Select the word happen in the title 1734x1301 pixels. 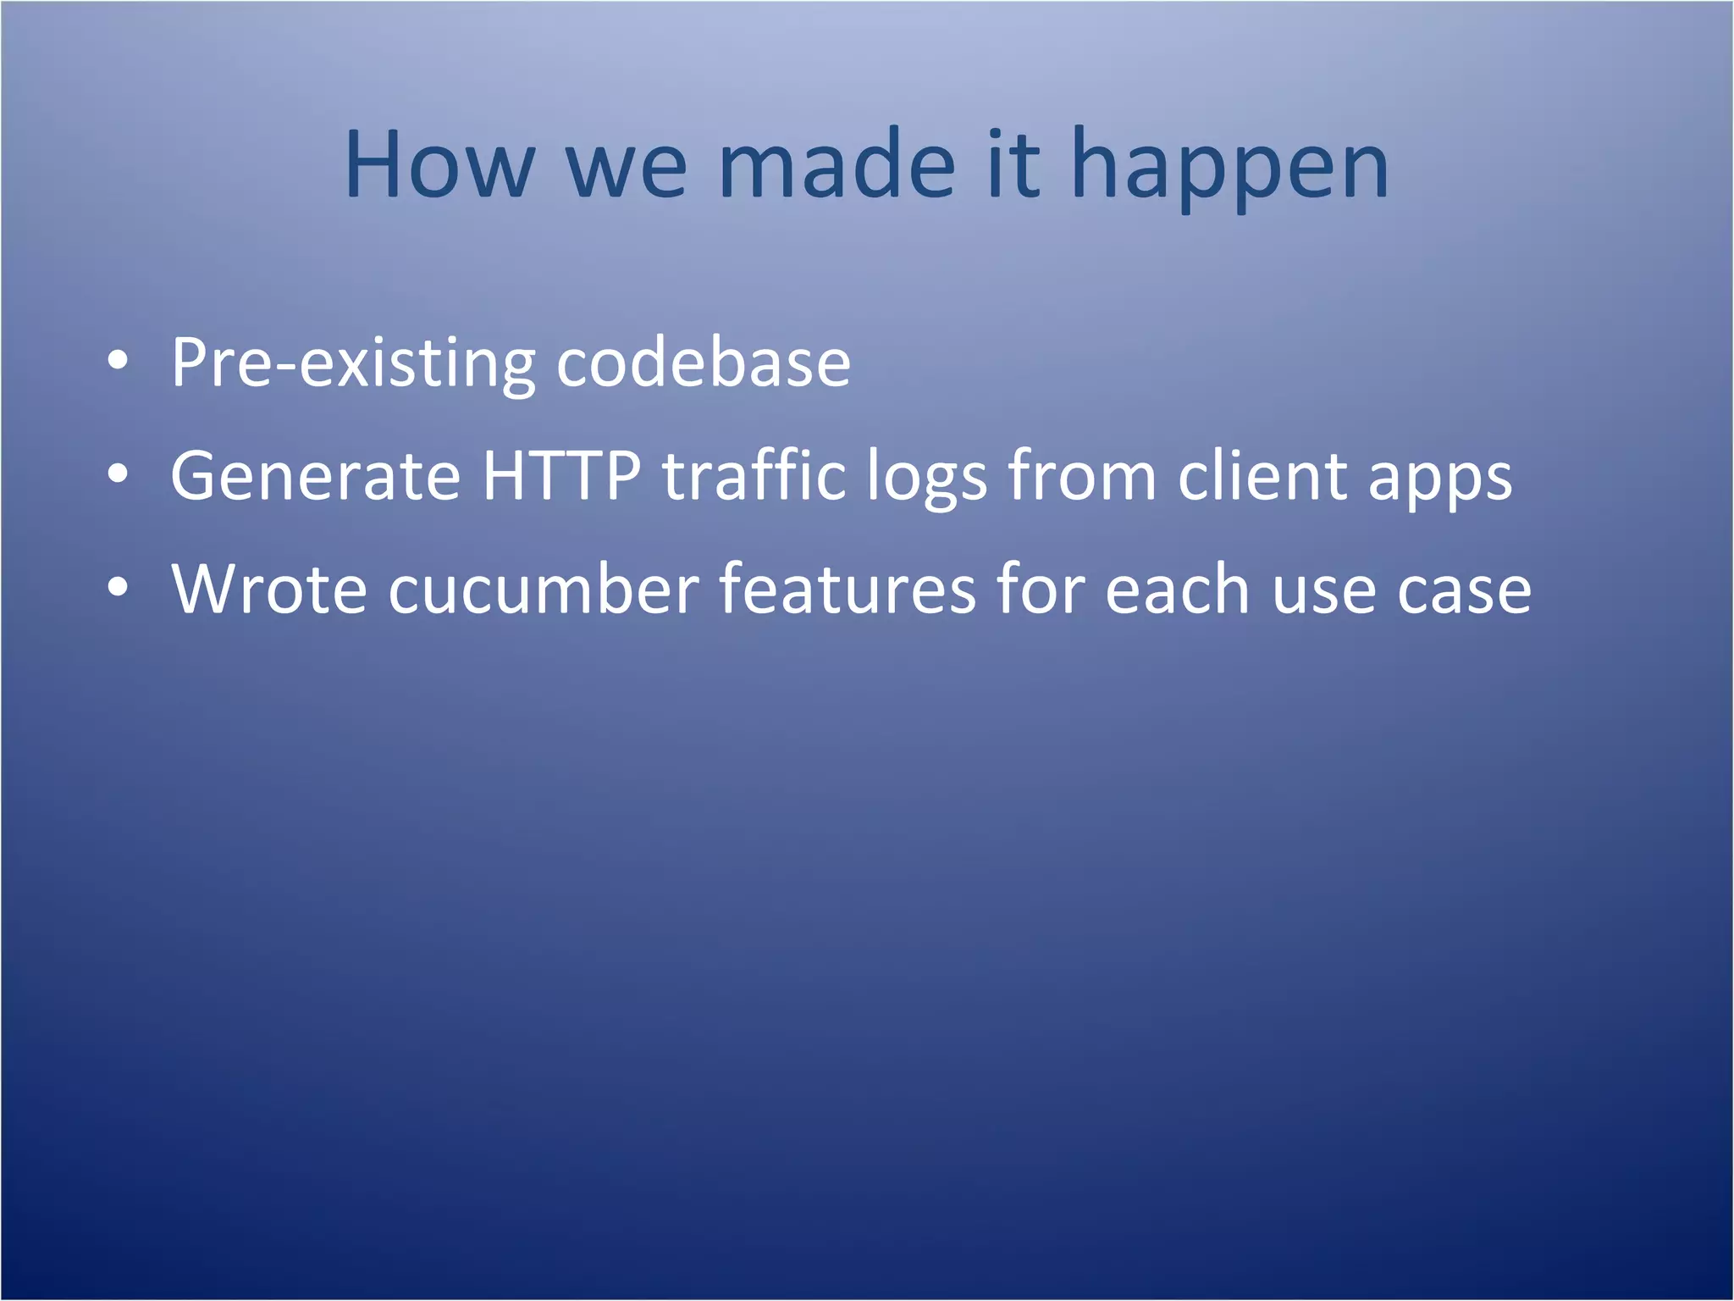click(1229, 169)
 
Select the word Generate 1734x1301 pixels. click(315, 476)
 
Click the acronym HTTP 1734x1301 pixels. click(561, 476)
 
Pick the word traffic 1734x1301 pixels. click(754, 476)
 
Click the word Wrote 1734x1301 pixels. click(269, 589)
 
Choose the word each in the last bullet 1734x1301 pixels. click(1177, 589)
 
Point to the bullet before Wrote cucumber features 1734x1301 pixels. click(119, 588)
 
